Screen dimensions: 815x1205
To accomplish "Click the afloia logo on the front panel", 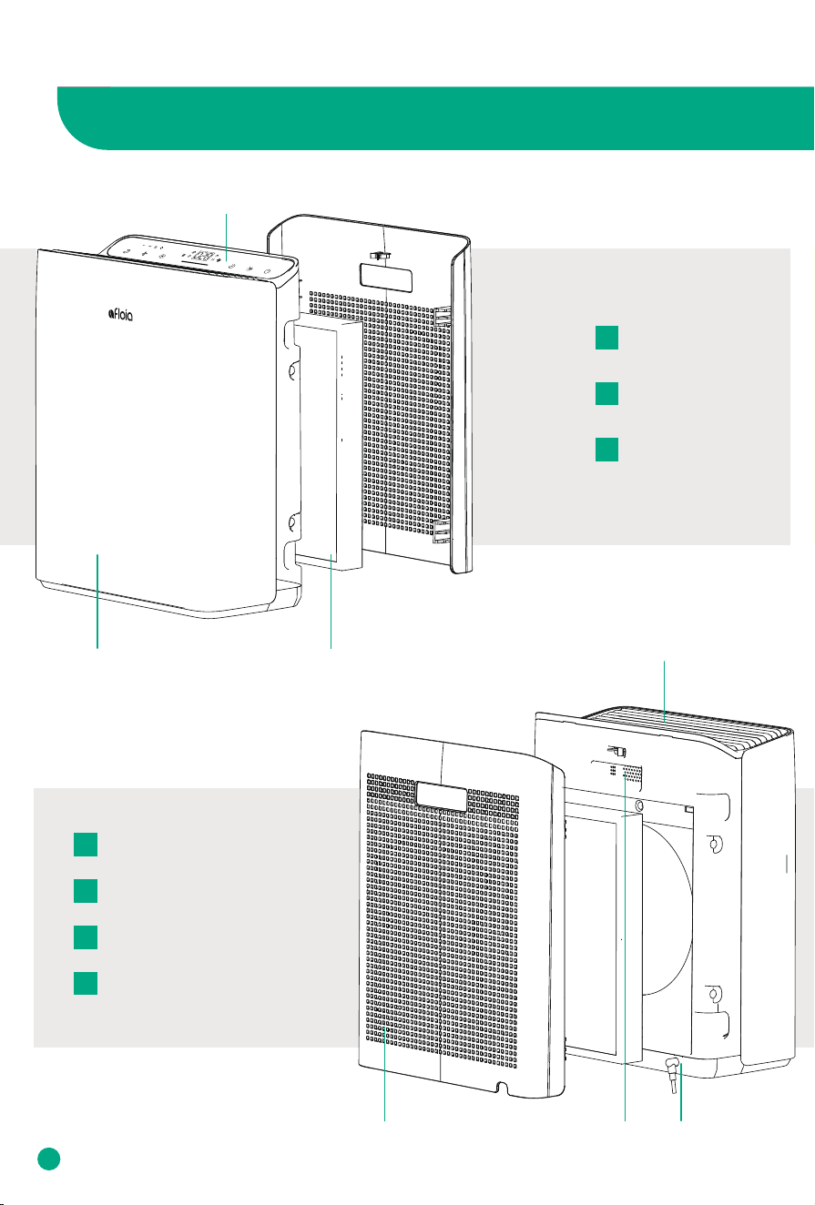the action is coord(120,314).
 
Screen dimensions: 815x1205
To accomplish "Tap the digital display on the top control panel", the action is coord(203,257).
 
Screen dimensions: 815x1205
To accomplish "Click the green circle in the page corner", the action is coord(49,1159).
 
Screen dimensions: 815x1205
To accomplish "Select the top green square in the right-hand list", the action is coord(606,338).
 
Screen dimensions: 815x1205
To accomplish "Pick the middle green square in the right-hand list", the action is coord(606,393).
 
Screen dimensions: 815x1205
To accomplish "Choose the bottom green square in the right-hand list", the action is coord(606,450).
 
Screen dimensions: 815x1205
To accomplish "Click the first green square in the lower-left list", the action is coord(86,844).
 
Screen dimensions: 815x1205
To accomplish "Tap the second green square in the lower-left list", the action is coord(86,891).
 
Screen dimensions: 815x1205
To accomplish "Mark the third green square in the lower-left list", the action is coord(86,937).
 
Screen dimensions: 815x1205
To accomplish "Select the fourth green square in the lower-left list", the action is coord(86,983).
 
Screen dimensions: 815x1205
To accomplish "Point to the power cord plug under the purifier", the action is coord(672,1076).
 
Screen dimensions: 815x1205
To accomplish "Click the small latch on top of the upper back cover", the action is coord(380,256).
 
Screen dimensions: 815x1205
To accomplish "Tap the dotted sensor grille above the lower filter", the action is coord(632,775).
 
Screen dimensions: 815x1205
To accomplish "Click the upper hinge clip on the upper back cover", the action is coord(443,316).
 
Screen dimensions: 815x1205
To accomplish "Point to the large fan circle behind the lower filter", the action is coord(667,908).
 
